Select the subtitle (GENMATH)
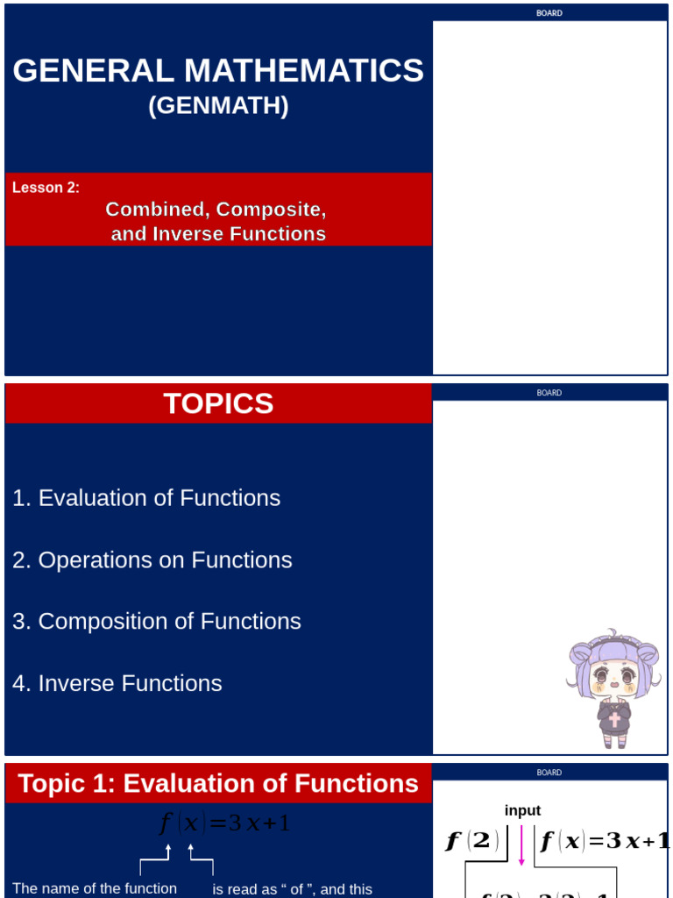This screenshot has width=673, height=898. coord(218,106)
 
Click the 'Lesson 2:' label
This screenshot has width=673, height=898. coord(46,187)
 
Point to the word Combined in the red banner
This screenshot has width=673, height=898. coord(157,210)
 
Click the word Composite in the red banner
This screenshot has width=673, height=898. coord(271,210)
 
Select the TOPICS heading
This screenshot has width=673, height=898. coord(218,403)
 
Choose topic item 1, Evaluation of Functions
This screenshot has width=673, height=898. coord(146,498)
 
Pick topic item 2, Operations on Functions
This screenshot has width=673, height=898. coord(152,559)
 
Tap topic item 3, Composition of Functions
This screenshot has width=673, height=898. coord(157,621)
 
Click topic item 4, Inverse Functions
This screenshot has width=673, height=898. coord(117,683)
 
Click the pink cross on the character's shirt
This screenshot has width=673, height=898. coord(615,719)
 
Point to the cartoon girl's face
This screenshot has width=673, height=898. coord(613,678)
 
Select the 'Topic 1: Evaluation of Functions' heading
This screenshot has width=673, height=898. coord(218,783)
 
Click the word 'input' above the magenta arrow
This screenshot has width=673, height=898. coord(522,810)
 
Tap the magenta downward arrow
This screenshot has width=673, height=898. coord(522,844)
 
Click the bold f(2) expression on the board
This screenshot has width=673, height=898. coord(472,842)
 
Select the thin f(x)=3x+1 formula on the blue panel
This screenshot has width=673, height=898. coord(224,823)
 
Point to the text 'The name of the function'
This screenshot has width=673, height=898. coord(95,888)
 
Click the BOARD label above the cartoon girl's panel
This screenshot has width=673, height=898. coord(549,393)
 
